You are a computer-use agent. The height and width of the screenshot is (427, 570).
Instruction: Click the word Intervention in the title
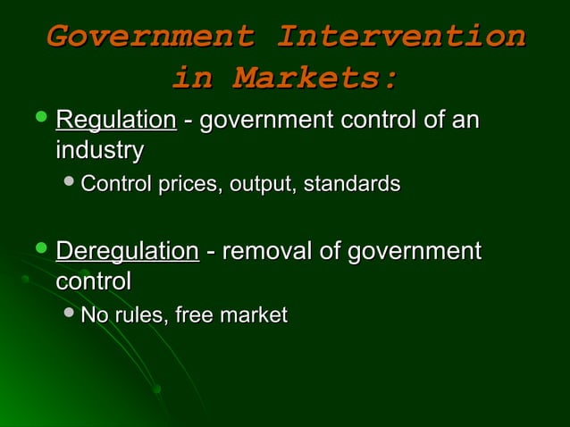click(x=400, y=37)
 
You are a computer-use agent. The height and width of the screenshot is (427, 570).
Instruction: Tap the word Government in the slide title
click(x=150, y=37)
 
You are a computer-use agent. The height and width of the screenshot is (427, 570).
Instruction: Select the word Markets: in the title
click(x=314, y=79)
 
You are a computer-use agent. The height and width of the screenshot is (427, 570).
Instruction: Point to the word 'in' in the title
click(x=193, y=79)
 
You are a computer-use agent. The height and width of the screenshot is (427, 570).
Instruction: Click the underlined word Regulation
click(x=115, y=121)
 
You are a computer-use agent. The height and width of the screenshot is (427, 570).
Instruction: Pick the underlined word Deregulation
click(x=127, y=252)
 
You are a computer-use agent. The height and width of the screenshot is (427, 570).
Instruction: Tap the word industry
click(x=99, y=150)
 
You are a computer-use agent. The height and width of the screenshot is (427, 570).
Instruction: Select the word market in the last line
click(x=253, y=315)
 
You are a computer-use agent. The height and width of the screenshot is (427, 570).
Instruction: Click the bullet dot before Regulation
click(x=37, y=120)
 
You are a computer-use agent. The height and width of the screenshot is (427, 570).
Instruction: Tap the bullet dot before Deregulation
click(x=37, y=251)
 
